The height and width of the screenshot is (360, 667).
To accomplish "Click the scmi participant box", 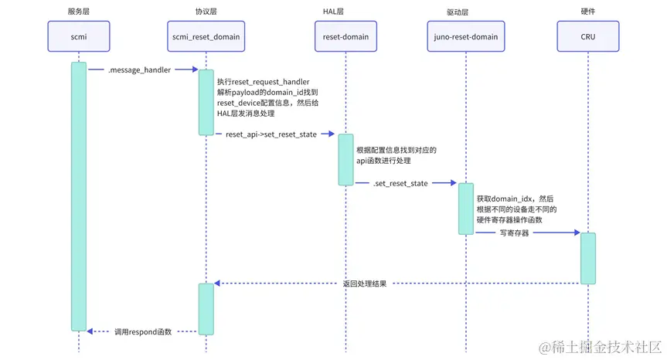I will [78, 36].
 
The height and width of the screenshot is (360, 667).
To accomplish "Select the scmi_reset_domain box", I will [206, 36].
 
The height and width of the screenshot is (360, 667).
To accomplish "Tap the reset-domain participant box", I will [345, 36].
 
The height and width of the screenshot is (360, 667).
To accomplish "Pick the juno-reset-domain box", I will [465, 36].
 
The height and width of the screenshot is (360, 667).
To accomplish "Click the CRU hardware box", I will [587, 36].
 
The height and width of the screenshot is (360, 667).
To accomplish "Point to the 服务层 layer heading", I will [78, 11].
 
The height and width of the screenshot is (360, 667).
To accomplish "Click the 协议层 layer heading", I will [206, 11].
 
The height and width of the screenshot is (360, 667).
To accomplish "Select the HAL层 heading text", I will [345, 11].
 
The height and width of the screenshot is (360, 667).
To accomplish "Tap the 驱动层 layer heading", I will [465, 11].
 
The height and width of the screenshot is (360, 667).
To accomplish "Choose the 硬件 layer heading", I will [587, 11].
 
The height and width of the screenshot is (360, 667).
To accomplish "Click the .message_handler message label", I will [139, 70].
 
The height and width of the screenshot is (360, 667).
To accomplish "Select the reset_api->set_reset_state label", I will [271, 134].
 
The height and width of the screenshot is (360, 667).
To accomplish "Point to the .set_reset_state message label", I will [400, 183].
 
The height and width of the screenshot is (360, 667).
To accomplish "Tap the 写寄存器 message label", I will [514, 233].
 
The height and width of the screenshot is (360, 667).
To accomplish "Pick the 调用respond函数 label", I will [143, 331].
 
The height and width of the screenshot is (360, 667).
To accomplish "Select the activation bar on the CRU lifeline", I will [588, 258].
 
